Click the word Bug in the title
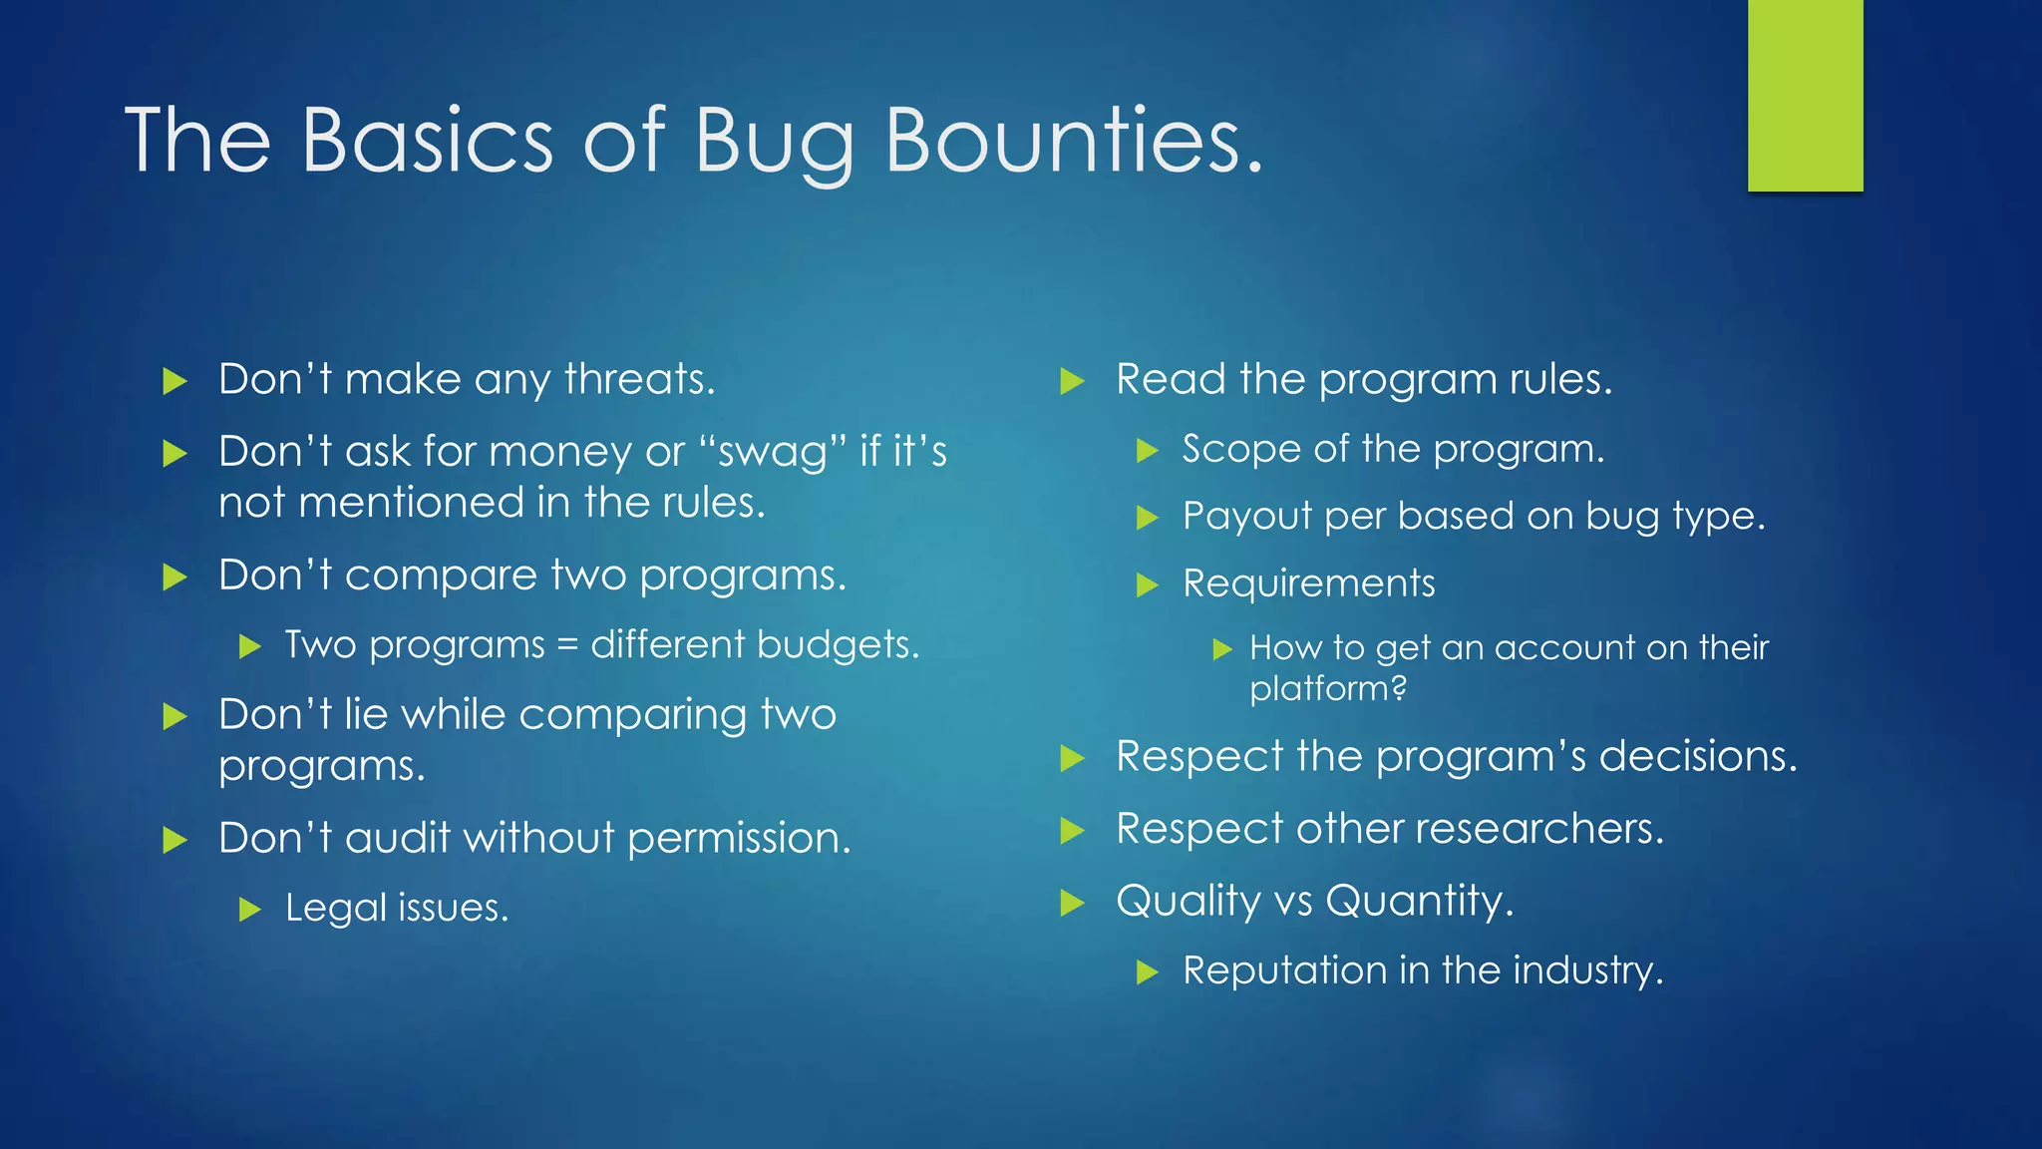[x=773, y=142]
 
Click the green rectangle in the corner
[x=1805, y=95]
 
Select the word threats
[x=639, y=380]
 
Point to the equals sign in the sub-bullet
[x=567, y=645]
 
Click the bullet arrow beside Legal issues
[x=250, y=909]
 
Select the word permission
[x=739, y=838]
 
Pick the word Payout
[x=1246, y=517]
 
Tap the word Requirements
[x=1308, y=583]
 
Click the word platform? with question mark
[x=1327, y=689]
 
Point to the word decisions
[x=1697, y=756]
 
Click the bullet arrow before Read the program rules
[x=1072, y=380]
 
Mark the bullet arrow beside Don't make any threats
[x=174, y=380]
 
